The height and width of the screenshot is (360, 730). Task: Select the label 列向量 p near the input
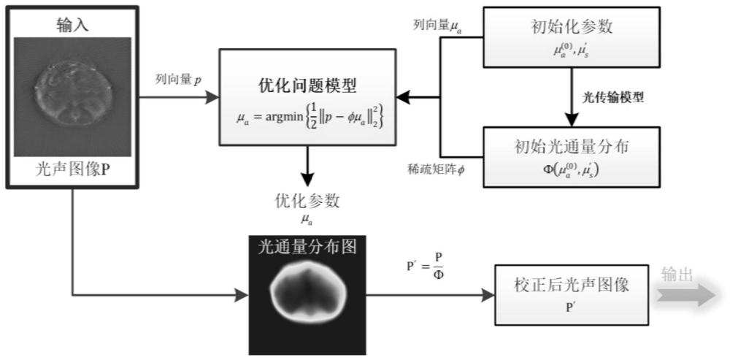179,78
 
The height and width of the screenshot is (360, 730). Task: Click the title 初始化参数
570,27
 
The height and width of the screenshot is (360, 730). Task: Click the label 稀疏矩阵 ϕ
436,169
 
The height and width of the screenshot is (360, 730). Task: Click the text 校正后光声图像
570,286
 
